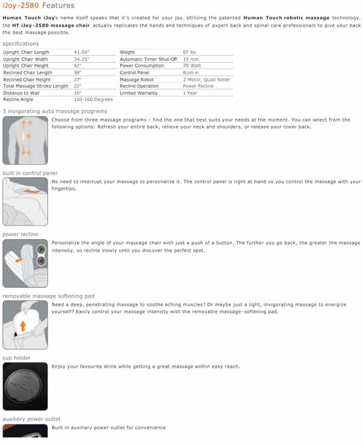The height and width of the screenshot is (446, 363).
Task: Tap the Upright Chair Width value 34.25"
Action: tap(82, 59)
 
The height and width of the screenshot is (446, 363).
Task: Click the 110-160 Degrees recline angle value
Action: tap(93, 99)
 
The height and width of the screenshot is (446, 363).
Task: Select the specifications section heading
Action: tap(21, 44)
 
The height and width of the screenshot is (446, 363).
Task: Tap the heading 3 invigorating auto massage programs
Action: tap(54, 111)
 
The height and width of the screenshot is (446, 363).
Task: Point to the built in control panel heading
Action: tap(30, 173)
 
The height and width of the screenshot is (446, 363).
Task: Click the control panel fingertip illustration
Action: tap(25, 202)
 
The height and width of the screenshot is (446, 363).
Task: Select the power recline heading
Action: tap(20, 234)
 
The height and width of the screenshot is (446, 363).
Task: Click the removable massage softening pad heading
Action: tap(48, 296)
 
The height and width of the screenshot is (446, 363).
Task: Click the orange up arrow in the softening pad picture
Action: tap(23, 326)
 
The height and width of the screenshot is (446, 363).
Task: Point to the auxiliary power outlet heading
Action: tap(31, 419)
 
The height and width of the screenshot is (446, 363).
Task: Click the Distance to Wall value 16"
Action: tap(78, 93)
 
